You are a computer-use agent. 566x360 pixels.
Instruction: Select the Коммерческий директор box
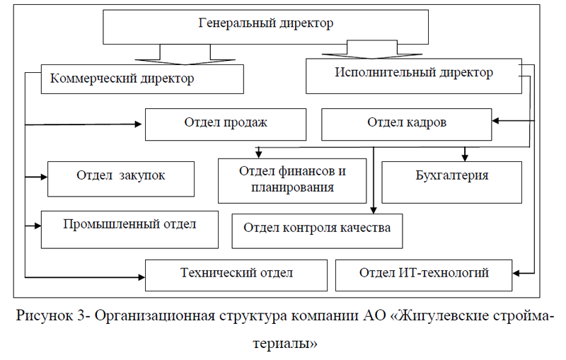pyautogui.click(x=141, y=79)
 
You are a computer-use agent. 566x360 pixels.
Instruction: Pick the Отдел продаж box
pyautogui.click(x=226, y=124)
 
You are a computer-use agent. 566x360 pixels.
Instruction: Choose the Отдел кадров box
pyautogui.click(x=406, y=124)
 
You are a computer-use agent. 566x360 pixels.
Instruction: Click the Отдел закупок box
pyautogui.click(x=121, y=178)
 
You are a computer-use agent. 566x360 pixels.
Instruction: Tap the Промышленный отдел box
pyautogui.click(x=129, y=228)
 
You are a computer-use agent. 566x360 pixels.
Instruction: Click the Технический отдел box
pyautogui.click(x=236, y=274)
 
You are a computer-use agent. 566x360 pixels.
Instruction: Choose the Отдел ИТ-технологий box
pyautogui.click(x=423, y=274)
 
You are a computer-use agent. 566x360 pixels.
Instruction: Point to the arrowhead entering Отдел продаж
pyautogui.click(x=140, y=124)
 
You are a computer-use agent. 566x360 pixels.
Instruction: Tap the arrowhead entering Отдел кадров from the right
pyautogui.click(x=496, y=122)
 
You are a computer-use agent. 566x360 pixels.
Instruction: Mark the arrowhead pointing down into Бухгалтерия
pyautogui.click(x=465, y=156)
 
